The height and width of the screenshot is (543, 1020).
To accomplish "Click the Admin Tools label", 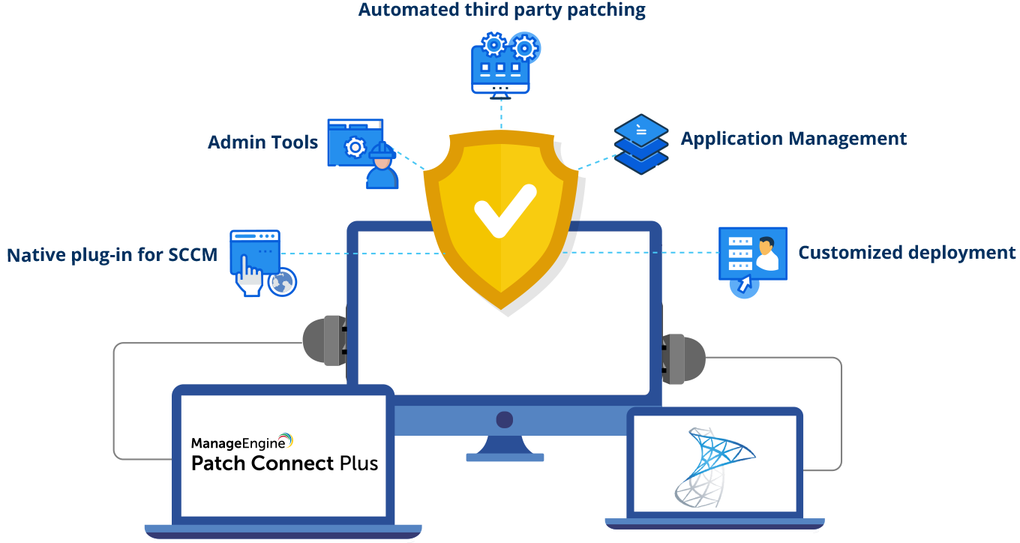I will pyautogui.click(x=262, y=142).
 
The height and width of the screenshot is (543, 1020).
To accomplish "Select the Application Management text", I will pyautogui.click(x=793, y=139).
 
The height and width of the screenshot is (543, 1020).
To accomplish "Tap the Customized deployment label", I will pyautogui.click(x=906, y=253).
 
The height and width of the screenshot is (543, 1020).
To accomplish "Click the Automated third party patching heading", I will pyautogui.click(x=502, y=10).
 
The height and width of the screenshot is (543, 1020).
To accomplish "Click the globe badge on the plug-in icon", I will pyautogui.click(x=283, y=282).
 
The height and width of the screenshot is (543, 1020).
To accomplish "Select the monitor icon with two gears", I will pyautogui.click(x=501, y=66).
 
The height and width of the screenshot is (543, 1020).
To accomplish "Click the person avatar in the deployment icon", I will pyautogui.click(x=766, y=253).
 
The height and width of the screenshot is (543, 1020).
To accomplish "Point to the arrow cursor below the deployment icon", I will pyautogui.click(x=744, y=285).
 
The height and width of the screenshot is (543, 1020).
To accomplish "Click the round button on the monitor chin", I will pyautogui.click(x=504, y=419).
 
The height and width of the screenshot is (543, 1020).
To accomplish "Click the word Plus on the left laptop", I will pyautogui.click(x=358, y=463).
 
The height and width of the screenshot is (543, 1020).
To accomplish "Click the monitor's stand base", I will pyautogui.click(x=505, y=457).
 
